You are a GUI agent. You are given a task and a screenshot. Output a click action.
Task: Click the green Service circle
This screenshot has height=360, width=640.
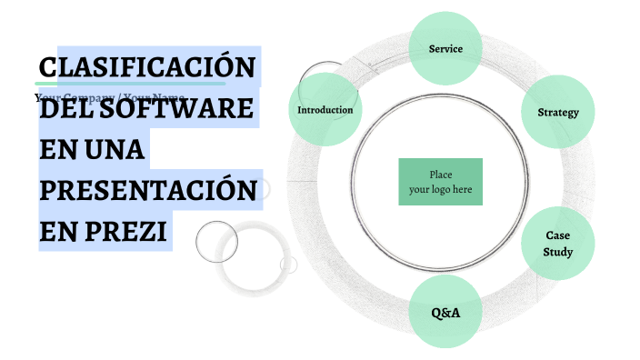(445, 48)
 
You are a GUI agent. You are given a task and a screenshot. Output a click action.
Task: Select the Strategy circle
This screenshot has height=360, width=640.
(558, 112)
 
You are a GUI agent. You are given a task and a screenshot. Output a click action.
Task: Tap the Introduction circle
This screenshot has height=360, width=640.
(325, 110)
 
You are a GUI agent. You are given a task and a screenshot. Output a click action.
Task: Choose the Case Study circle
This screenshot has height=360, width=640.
(557, 243)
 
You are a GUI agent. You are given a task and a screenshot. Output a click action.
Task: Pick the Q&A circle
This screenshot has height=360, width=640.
(445, 312)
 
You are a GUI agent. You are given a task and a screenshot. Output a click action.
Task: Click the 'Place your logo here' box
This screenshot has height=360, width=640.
(440, 182)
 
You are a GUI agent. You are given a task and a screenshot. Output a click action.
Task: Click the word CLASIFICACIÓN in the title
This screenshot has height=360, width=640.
(147, 68)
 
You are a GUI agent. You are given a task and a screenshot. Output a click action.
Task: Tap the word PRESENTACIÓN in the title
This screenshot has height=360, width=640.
(147, 190)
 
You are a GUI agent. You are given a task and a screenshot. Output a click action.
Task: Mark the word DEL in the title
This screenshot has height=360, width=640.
(64, 109)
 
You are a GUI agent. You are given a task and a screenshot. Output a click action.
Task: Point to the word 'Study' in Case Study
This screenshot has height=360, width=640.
(557, 251)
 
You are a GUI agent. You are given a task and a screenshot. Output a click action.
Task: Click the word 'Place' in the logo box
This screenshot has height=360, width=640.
(441, 175)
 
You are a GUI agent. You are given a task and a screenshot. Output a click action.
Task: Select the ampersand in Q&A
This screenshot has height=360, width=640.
(445, 312)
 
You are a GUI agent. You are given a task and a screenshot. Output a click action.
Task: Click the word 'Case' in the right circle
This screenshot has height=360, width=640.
(557, 235)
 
